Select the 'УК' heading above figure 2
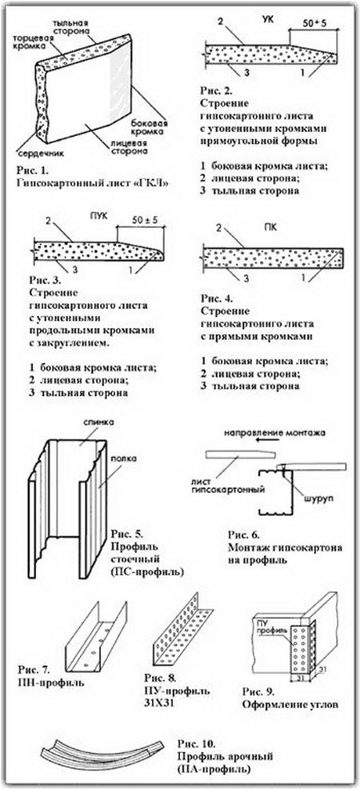tap(268, 21)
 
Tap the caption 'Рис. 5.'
tap(125, 535)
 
